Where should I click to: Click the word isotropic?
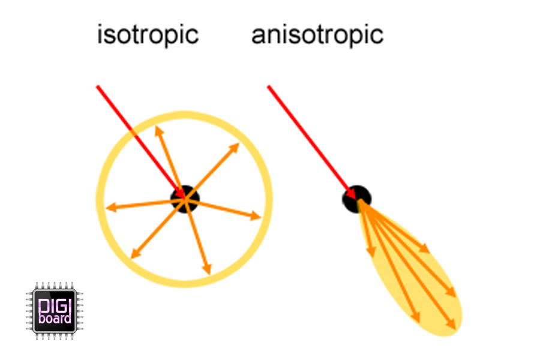pos(148,35)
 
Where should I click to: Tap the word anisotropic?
pos(317,35)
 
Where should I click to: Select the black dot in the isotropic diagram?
pos(185,199)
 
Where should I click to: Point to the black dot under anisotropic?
pos(357,199)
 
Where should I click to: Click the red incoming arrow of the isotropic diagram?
pos(141,143)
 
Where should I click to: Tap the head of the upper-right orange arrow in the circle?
pos(235,148)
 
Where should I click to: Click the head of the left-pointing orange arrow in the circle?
pos(110,208)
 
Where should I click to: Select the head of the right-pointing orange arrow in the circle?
pos(256,216)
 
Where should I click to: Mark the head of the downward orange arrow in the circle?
pos(207,269)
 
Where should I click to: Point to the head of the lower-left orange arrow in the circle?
pos(136,254)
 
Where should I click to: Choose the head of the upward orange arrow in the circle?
pos(158,131)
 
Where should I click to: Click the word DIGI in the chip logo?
pos(55,306)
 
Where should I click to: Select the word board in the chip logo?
pos(55,318)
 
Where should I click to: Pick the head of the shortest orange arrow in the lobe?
pos(371,252)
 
